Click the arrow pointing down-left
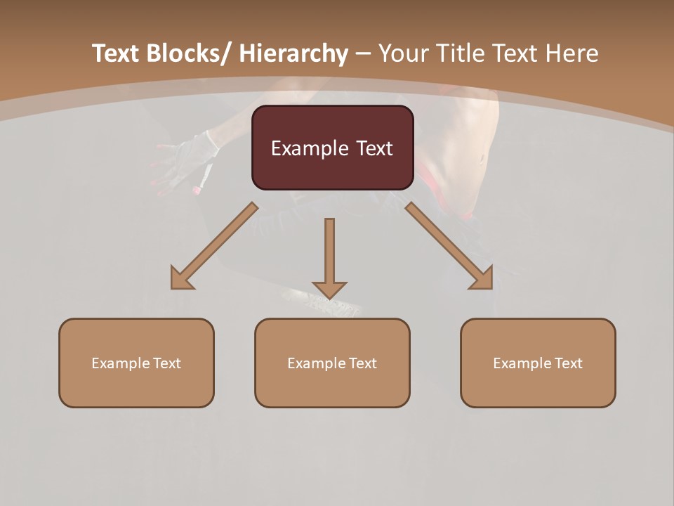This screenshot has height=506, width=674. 214,246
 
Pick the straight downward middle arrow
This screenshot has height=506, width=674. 329,257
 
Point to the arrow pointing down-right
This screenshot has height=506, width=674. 449,246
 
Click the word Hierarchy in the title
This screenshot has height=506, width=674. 293,53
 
